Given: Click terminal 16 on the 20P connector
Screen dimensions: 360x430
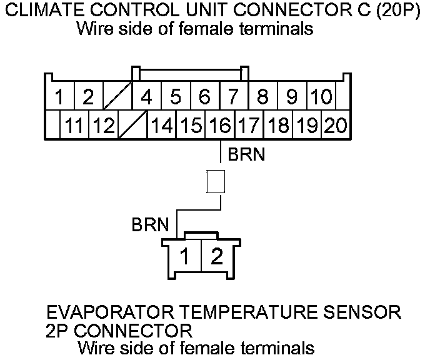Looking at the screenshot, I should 221,126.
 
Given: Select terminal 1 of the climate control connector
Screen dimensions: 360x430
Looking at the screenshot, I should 60,97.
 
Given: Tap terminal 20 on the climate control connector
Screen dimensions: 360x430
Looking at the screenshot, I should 336,126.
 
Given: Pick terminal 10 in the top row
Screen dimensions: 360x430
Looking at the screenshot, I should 321,97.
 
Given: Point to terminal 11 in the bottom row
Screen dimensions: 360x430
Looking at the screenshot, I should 74,126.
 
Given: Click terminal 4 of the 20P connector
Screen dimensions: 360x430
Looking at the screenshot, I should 147,97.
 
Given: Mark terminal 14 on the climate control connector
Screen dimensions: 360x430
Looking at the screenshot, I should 162,126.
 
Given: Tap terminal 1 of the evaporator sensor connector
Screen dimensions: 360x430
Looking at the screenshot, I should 186,257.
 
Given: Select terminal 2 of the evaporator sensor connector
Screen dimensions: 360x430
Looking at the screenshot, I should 216,257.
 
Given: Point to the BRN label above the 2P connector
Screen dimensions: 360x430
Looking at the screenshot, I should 151,224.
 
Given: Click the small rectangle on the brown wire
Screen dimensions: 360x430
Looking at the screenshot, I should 216,182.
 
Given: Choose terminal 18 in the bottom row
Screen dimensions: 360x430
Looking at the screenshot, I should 278,126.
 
